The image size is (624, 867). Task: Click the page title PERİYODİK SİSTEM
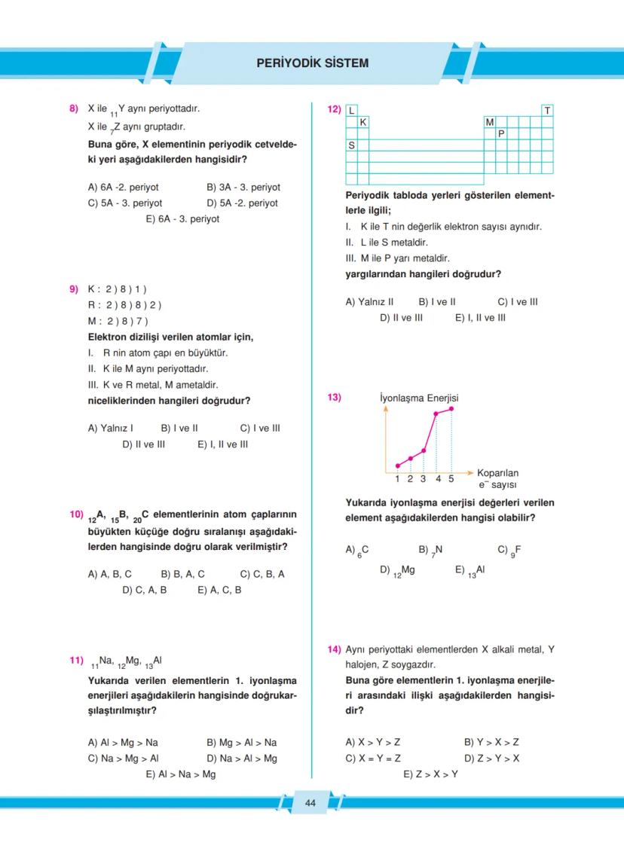click(313, 63)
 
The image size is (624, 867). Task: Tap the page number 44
click(310, 804)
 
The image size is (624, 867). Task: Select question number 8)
click(74, 108)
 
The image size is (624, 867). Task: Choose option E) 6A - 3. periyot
click(182, 219)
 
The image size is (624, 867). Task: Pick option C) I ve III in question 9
click(260, 428)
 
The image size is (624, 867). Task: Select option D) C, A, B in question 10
click(145, 590)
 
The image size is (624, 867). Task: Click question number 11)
click(76, 661)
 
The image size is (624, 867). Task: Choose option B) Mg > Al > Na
click(241, 742)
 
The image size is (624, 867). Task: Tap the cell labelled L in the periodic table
click(352, 111)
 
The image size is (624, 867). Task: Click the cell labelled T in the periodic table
click(547, 111)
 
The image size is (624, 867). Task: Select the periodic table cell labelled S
click(352, 145)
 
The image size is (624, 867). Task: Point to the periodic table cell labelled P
click(501, 133)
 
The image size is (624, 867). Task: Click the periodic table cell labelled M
click(490, 122)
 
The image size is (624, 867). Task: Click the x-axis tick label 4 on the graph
click(438, 478)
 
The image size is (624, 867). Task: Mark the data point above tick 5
click(451, 408)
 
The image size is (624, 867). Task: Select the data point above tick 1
click(398, 466)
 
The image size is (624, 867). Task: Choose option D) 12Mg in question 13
click(397, 570)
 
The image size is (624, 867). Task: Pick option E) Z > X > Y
click(430, 774)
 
